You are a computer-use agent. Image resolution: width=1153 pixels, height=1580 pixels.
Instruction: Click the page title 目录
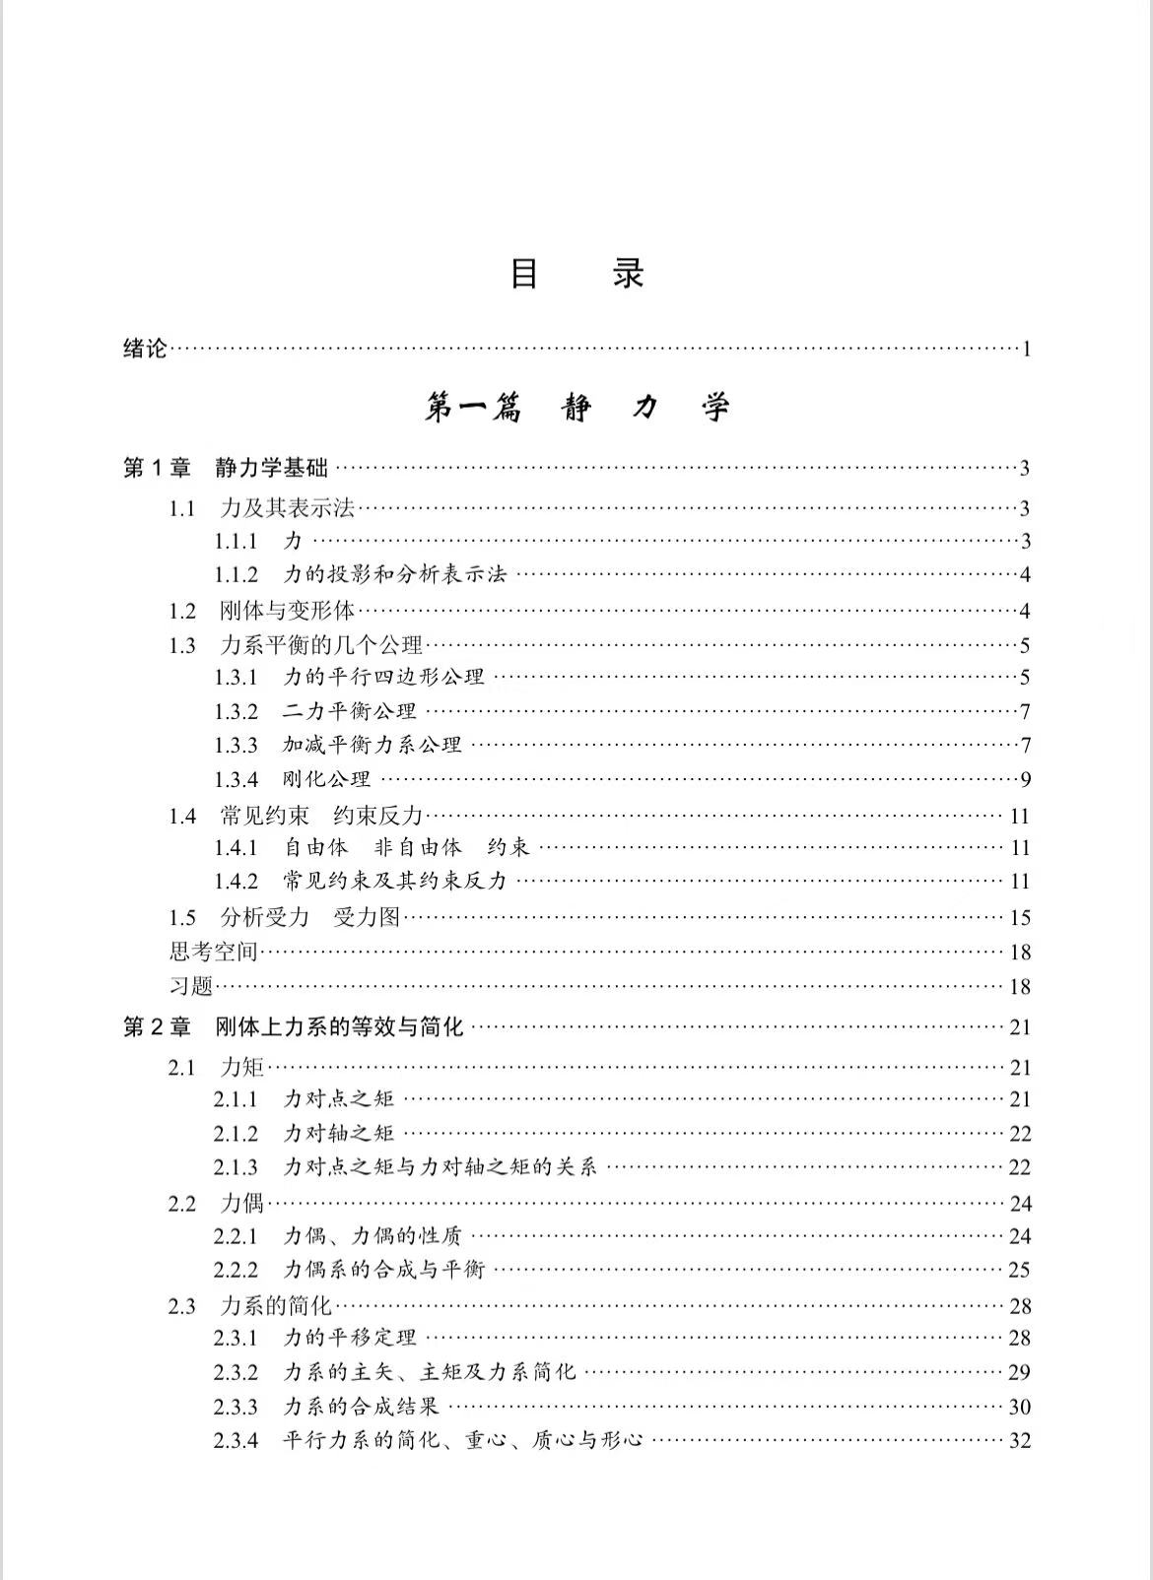pyautogui.click(x=576, y=273)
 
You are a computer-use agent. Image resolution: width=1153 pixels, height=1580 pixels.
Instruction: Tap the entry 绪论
pyautogui.click(x=145, y=349)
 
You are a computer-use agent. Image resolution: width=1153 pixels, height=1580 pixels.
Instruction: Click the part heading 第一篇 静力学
pyautogui.click(x=576, y=407)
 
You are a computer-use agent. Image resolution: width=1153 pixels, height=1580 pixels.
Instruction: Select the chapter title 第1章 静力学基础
pyautogui.click(x=225, y=469)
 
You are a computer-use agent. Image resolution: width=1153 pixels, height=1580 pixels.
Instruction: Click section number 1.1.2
pyautogui.click(x=237, y=575)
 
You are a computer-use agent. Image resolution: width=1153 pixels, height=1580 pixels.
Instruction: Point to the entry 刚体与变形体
pyautogui.click(x=287, y=611)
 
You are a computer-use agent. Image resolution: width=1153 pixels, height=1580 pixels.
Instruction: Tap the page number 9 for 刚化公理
pyautogui.click(x=1025, y=780)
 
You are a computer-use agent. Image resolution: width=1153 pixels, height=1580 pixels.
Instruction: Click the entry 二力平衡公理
pyautogui.click(x=350, y=711)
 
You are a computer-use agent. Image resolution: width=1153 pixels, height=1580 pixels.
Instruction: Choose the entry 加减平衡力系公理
pyautogui.click(x=373, y=746)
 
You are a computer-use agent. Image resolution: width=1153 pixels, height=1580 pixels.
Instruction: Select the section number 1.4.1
pyautogui.click(x=237, y=848)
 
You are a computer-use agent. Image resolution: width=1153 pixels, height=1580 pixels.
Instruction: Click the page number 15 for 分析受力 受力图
pyautogui.click(x=1020, y=918)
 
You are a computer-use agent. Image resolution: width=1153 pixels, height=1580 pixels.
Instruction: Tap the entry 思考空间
pyautogui.click(x=213, y=953)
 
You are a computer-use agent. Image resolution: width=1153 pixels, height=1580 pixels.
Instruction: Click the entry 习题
pyautogui.click(x=191, y=987)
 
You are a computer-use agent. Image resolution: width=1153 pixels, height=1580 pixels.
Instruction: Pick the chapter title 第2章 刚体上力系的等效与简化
pyautogui.click(x=293, y=1027)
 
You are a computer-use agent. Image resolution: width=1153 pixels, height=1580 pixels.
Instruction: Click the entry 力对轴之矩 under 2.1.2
pyautogui.click(x=339, y=1134)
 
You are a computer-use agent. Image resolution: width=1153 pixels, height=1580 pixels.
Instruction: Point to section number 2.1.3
pyautogui.click(x=236, y=1168)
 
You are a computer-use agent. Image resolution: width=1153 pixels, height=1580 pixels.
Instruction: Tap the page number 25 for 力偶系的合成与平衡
pyautogui.click(x=1019, y=1271)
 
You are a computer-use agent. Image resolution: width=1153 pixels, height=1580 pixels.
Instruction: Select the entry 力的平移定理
pyautogui.click(x=350, y=1339)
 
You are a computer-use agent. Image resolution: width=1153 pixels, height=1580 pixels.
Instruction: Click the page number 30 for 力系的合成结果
pyautogui.click(x=1019, y=1408)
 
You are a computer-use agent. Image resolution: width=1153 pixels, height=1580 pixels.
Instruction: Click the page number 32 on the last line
pyautogui.click(x=1019, y=1441)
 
